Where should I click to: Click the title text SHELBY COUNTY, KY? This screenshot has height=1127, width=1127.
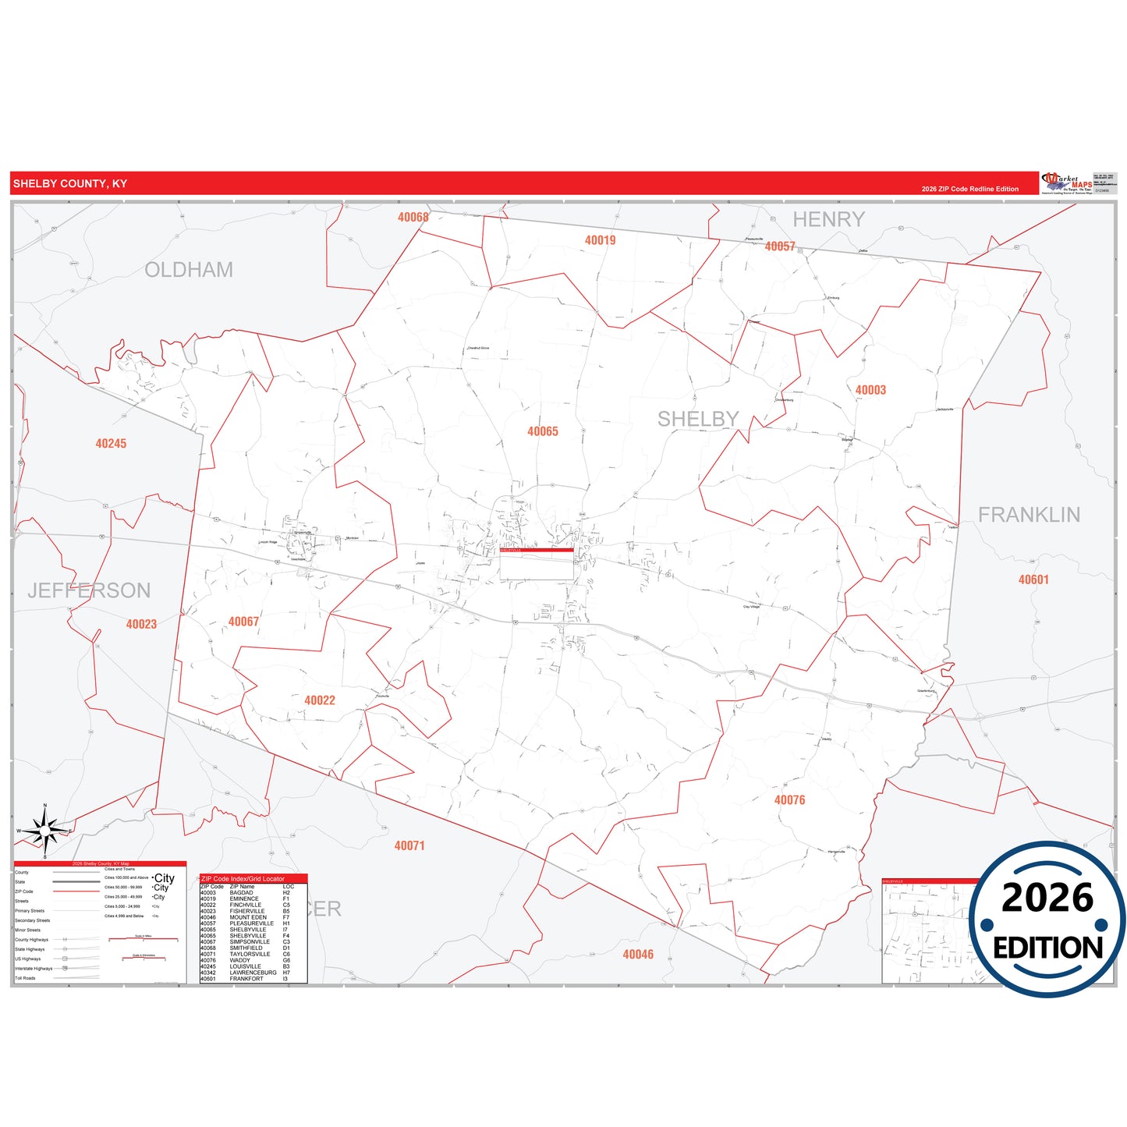tap(70, 184)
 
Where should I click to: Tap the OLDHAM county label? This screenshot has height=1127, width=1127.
tap(189, 270)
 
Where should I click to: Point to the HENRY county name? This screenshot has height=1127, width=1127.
tap(828, 220)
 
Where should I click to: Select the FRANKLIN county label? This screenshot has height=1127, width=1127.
tap(1029, 515)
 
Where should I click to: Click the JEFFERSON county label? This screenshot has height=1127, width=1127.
tap(89, 590)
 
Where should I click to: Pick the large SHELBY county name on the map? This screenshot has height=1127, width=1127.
tap(697, 420)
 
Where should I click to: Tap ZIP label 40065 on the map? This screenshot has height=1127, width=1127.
tap(543, 431)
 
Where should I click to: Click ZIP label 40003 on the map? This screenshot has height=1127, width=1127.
tap(870, 390)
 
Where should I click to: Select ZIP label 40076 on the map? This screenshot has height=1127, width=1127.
tap(789, 800)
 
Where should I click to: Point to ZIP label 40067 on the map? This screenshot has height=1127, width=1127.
tap(243, 622)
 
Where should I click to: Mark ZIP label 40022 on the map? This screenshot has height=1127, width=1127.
tap(320, 700)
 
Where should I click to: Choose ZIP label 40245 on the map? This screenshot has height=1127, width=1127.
tap(111, 444)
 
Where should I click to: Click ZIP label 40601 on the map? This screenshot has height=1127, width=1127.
tap(1033, 579)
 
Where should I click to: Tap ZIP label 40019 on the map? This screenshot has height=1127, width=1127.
tap(600, 240)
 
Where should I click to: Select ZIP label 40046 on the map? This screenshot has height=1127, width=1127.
tap(638, 955)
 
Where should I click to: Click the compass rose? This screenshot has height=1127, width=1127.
tap(45, 831)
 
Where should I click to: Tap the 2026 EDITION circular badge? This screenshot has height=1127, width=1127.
tap(1047, 920)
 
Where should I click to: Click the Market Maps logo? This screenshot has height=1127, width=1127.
tap(1068, 183)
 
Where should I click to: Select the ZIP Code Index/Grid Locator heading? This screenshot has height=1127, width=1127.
tap(243, 879)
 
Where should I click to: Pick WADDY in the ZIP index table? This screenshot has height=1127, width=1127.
tap(240, 960)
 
